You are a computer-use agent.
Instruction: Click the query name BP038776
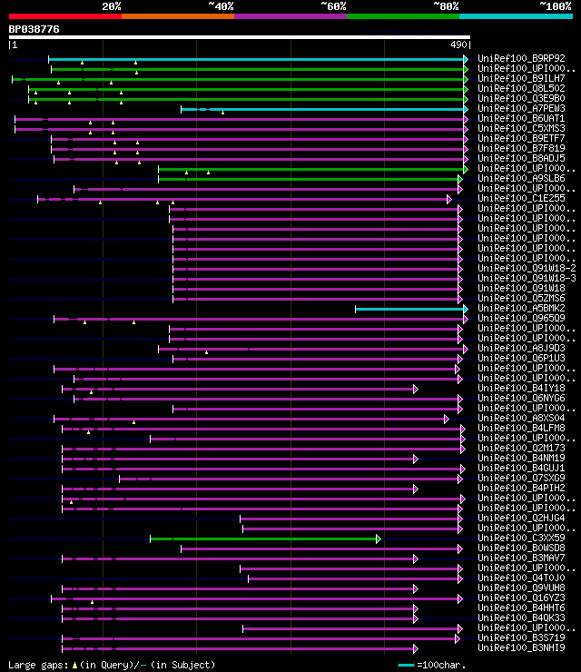(34, 29)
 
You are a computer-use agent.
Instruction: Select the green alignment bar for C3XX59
(264, 539)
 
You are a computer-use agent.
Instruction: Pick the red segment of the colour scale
(64, 15)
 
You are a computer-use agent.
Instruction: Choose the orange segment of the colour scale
(177, 15)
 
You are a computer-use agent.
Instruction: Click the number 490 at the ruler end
(458, 44)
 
